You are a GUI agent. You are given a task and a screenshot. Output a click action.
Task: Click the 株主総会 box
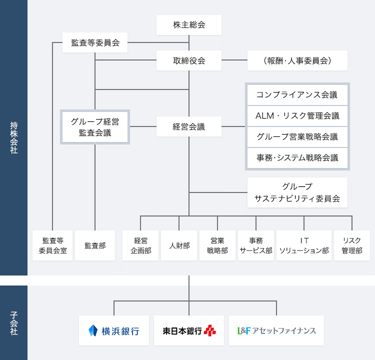pyautogui.click(x=189, y=25)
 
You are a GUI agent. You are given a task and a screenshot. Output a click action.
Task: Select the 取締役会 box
pyautogui.click(x=189, y=60)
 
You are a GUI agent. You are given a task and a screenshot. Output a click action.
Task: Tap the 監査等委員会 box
pyautogui.click(x=95, y=43)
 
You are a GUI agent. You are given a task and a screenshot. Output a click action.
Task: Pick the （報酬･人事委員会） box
pyautogui.click(x=297, y=60)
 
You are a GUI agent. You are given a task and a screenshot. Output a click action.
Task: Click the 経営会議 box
pyautogui.click(x=189, y=126)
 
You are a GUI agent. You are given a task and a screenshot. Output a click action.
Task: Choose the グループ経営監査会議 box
pyautogui.click(x=95, y=126)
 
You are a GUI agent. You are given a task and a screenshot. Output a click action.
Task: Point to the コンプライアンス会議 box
pyautogui.click(x=297, y=94)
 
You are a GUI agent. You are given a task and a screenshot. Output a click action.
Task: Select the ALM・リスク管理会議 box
pyautogui.click(x=297, y=116)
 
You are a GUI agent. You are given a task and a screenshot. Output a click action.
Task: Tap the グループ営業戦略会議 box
pyautogui.click(x=297, y=137)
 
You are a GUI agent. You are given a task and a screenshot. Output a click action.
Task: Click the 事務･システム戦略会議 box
pyautogui.click(x=297, y=158)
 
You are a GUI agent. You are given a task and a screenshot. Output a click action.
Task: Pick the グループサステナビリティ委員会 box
pyautogui.click(x=297, y=192)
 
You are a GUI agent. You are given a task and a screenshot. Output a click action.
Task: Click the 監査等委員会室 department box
pyautogui.click(x=52, y=245)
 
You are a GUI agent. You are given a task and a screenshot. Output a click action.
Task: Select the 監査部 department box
pyautogui.click(x=95, y=245)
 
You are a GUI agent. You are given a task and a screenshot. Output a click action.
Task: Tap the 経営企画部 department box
pyautogui.click(x=140, y=245)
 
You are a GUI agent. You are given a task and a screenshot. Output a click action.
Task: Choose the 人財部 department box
pyautogui.click(x=179, y=245)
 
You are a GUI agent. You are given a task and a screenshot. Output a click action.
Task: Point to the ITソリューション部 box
pyautogui.click(x=304, y=245)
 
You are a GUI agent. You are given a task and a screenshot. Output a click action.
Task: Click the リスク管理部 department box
pyautogui.click(x=352, y=245)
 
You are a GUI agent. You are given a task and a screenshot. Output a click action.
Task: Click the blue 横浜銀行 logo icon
pyautogui.click(x=93, y=330)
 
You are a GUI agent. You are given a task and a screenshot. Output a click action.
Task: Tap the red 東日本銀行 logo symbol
pyautogui.click(x=210, y=330)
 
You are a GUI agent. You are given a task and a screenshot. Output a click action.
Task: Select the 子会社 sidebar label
pyautogui.click(x=13, y=323)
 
